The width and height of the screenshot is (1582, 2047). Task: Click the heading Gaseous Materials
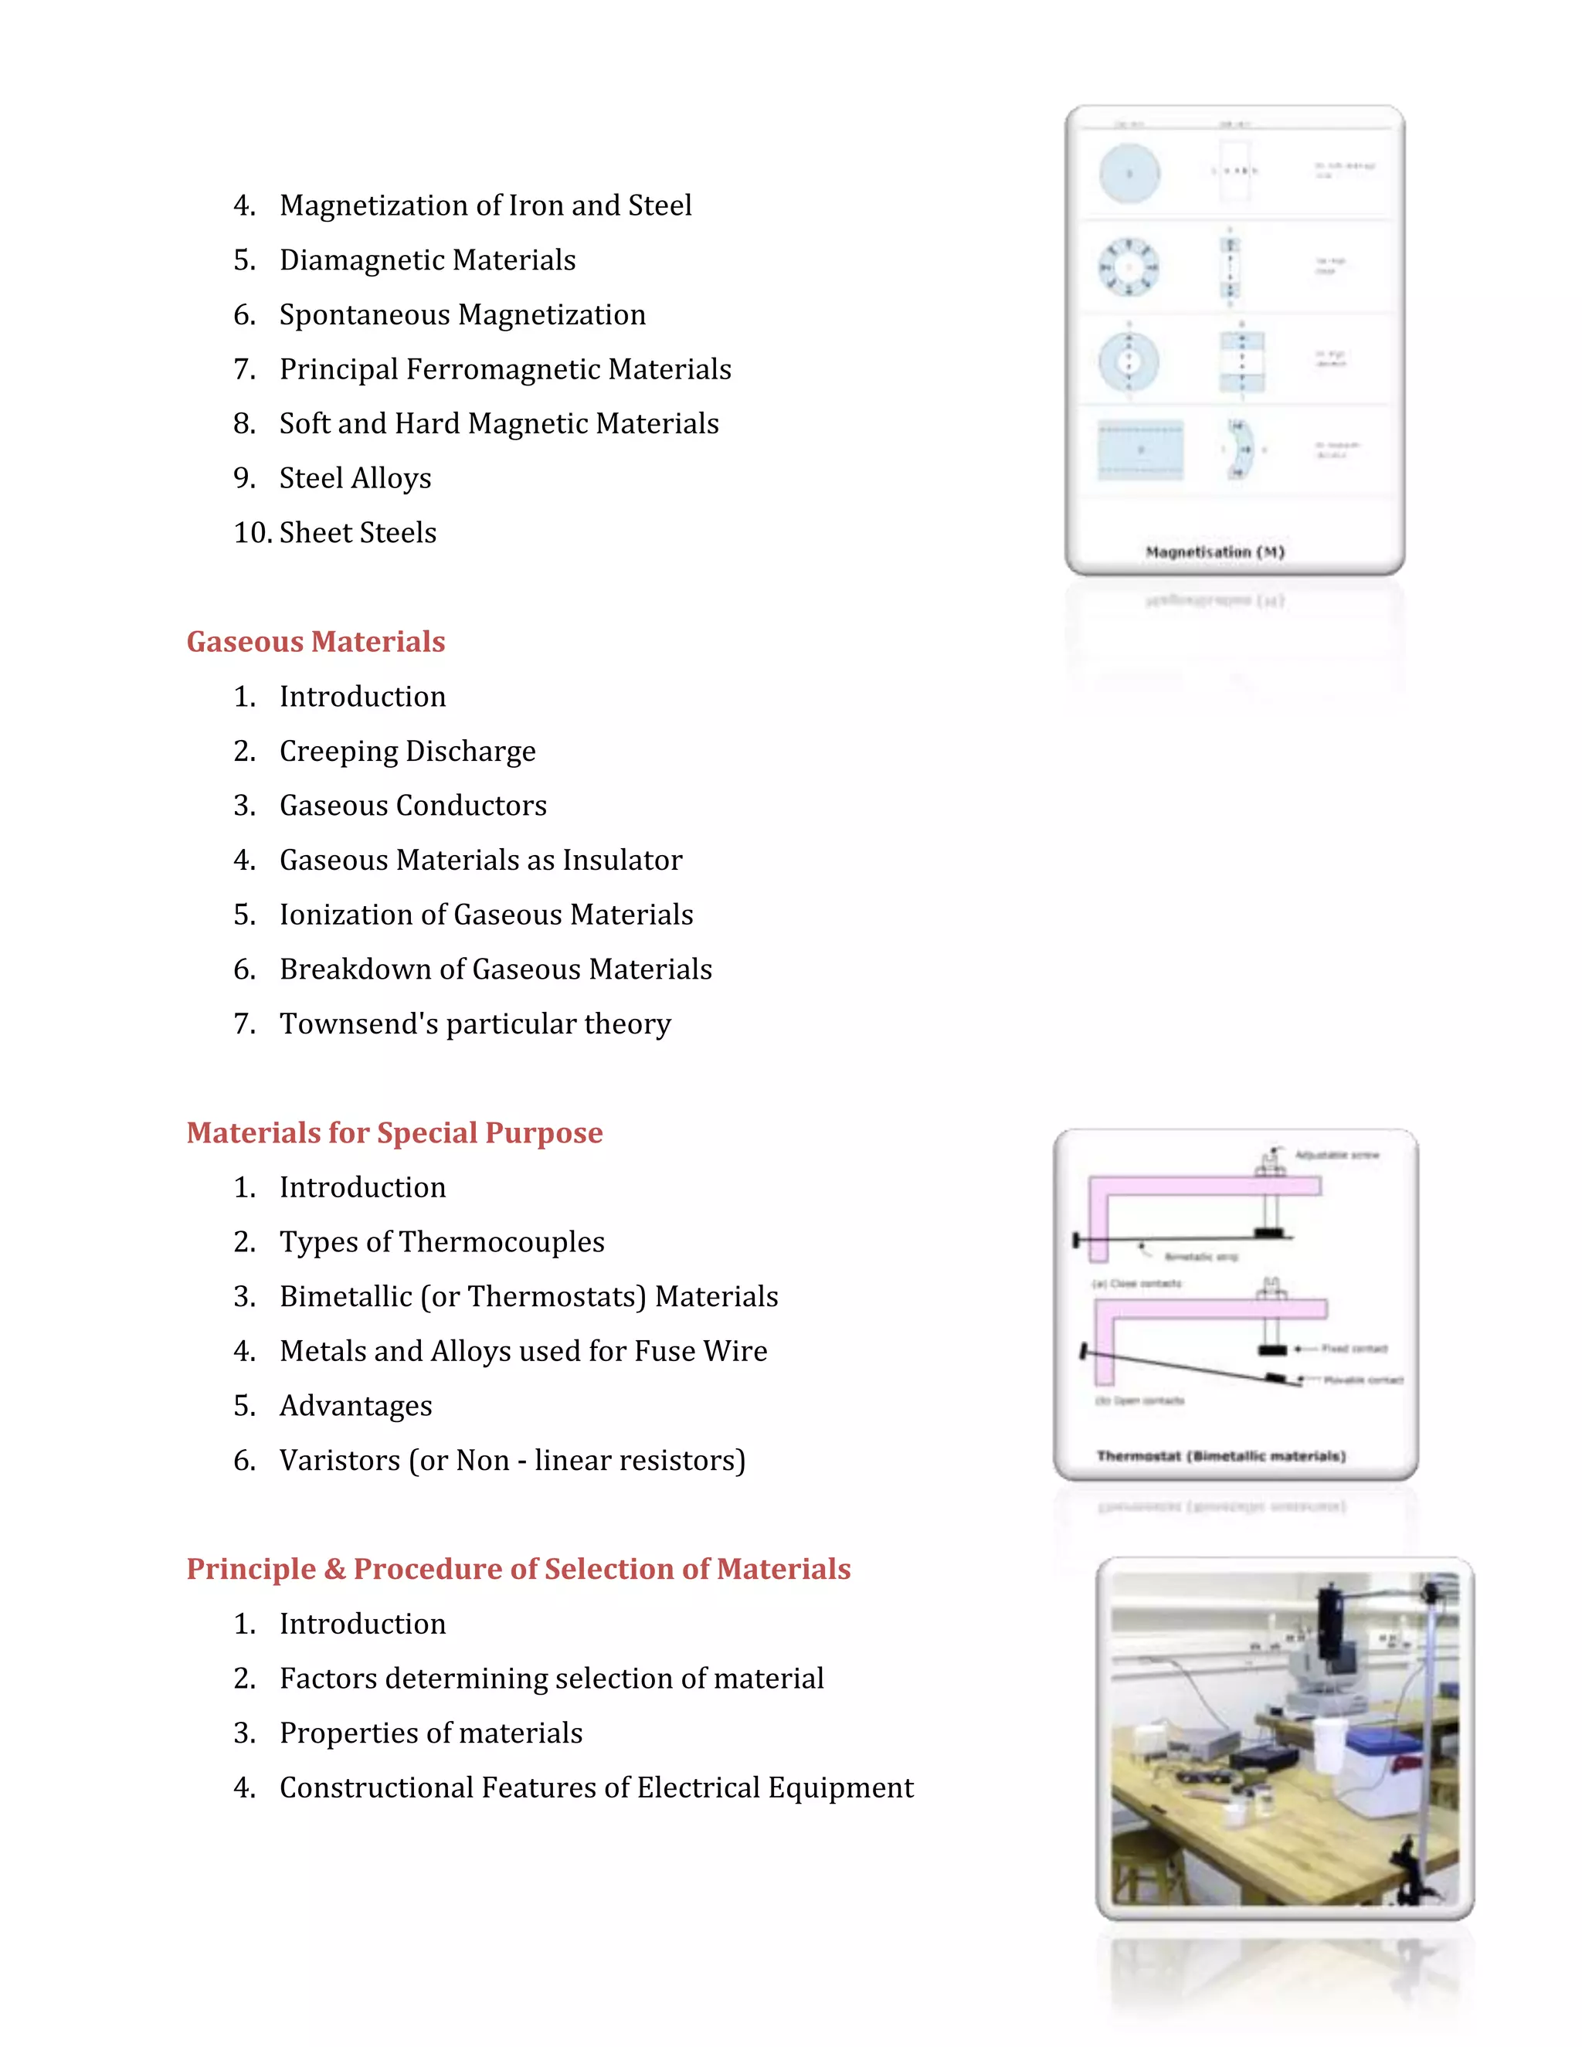pos(315,642)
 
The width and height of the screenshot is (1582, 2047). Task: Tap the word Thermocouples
pos(501,1242)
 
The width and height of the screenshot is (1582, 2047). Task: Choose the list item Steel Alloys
pos(355,478)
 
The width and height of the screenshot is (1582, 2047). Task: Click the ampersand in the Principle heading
pos(334,1569)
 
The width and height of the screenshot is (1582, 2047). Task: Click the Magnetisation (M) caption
pos(1214,552)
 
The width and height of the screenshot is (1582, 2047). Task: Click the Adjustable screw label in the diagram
pos(1336,1155)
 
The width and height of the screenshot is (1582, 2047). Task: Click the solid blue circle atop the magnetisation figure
pos(1129,173)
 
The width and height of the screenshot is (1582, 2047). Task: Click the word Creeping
pos(338,752)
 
